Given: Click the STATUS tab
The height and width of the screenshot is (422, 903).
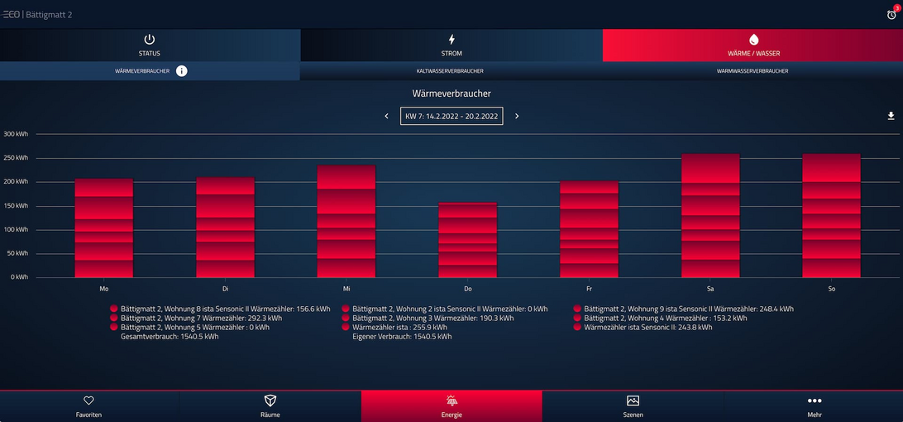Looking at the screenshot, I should (150, 46).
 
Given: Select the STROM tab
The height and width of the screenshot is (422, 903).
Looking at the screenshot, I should (451, 46).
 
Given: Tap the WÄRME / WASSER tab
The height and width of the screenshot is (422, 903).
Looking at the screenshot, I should (752, 46).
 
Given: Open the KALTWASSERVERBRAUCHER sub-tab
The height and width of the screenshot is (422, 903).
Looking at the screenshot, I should (450, 71).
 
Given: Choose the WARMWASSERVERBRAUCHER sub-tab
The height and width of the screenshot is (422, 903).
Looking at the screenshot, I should (752, 71).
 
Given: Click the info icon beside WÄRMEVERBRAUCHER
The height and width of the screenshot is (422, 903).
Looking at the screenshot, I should (182, 71).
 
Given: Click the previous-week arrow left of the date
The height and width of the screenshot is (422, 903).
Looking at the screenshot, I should (386, 117).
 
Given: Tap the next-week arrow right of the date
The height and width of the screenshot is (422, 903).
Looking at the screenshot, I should (517, 117).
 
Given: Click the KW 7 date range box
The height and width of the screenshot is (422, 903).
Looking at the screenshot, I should (451, 117).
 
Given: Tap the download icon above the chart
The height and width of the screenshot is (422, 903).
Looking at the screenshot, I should (891, 116).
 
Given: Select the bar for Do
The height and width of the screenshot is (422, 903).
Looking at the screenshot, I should (467, 240).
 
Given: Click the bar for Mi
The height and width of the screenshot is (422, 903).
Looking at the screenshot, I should (346, 221).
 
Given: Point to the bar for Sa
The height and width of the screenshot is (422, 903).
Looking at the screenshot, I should (710, 215).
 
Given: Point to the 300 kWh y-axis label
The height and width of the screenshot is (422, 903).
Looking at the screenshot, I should (16, 134).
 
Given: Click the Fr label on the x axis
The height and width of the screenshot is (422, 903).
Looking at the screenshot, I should (589, 289).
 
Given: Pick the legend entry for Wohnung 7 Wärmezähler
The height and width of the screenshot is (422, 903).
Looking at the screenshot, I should (200, 318).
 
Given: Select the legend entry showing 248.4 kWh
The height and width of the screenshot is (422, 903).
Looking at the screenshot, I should (687, 309).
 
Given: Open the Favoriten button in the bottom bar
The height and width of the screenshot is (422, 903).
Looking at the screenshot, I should (88, 405).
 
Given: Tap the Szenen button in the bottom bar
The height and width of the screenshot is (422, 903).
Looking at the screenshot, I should (633, 405).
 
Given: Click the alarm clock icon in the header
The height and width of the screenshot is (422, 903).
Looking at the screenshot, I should (891, 14).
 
